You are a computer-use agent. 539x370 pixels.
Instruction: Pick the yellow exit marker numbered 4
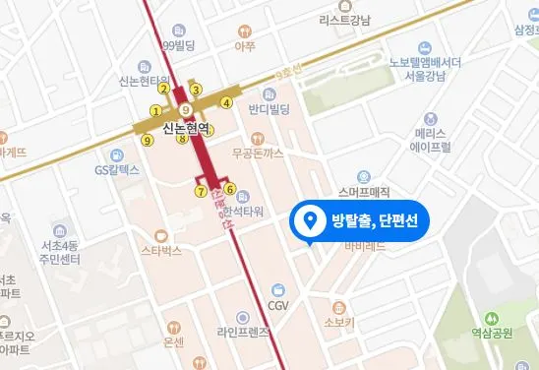[x=227, y=101]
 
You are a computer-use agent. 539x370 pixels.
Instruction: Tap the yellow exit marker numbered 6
[x=230, y=189]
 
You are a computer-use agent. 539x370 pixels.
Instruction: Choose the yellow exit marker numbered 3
[x=196, y=91]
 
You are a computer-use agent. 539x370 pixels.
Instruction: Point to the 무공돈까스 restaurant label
[x=257, y=154]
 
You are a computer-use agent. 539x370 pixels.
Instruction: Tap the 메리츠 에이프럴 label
[x=432, y=139]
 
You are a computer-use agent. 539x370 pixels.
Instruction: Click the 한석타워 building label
[x=244, y=212]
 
